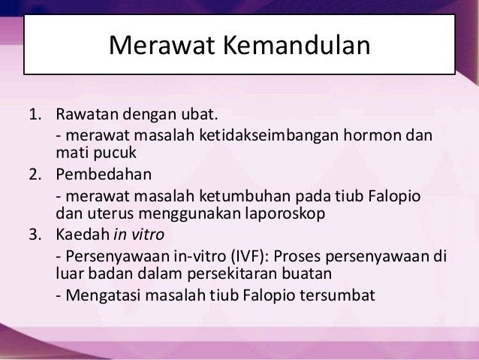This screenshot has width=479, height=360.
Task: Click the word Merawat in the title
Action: [x=161, y=45]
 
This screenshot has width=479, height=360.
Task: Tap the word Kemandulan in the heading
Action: [x=297, y=45]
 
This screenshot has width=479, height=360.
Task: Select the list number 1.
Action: [x=35, y=114]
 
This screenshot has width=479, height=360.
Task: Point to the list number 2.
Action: [x=35, y=174]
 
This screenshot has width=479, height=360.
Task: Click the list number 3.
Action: [x=35, y=234]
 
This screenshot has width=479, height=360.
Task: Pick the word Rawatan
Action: [x=87, y=114]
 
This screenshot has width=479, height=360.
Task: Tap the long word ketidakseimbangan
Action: [x=269, y=135]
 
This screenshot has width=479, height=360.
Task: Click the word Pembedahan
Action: [x=104, y=174]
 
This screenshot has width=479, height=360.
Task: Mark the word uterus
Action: [x=110, y=213]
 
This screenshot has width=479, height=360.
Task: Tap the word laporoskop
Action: [x=285, y=213]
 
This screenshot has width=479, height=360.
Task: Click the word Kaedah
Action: [x=83, y=234]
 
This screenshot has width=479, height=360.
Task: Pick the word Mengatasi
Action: [x=104, y=295]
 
